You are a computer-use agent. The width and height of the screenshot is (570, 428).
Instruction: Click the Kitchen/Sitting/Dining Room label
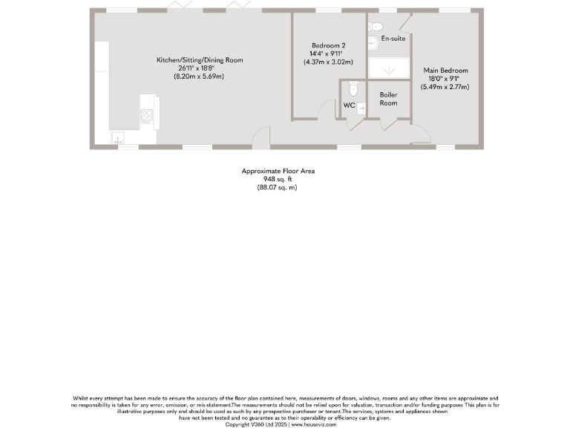[x=199, y=60]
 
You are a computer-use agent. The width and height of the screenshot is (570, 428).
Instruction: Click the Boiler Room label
[x=388, y=99]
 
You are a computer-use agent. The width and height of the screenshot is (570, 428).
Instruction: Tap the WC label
[x=348, y=106]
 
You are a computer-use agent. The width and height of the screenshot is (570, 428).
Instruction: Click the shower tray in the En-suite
[x=388, y=67]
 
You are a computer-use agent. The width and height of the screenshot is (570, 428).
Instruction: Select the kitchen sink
[x=117, y=137]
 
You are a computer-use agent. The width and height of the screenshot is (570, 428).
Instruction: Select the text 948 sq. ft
[x=278, y=179]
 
